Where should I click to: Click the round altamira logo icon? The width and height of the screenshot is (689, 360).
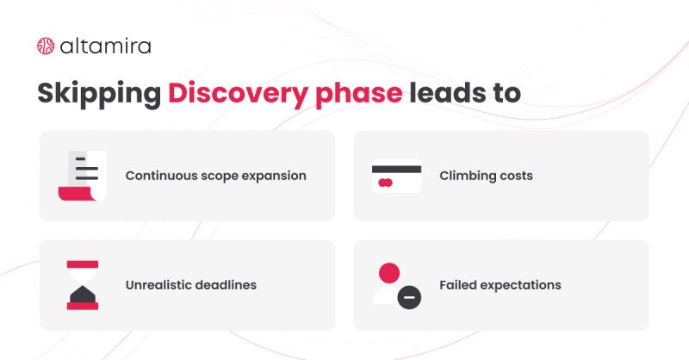point(46,47)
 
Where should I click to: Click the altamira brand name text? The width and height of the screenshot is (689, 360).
point(105,47)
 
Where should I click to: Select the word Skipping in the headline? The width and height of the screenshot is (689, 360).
point(99,94)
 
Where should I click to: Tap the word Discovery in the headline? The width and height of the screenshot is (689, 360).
point(239,94)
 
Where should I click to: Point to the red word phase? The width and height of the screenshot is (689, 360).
point(358,94)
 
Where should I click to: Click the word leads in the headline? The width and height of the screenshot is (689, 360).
point(448,93)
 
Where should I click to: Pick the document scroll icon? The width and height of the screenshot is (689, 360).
point(83,176)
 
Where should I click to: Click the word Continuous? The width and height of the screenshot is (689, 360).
point(161,176)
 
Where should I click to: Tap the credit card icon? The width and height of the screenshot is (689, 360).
point(396,176)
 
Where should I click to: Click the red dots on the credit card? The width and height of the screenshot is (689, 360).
point(385,183)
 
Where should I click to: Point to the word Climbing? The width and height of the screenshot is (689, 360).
point(468,176)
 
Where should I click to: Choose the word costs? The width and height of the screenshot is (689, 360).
point(516,177)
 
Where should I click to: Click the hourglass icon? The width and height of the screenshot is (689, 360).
point(83,285)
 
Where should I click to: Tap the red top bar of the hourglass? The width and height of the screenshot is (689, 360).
point(83,264)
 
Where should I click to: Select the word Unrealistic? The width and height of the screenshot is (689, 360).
point(158,285)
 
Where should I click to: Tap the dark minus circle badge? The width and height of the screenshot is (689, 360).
point(409,298)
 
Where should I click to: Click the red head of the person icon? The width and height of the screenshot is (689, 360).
point(389,273)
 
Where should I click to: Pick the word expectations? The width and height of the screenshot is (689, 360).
point(521,286)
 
